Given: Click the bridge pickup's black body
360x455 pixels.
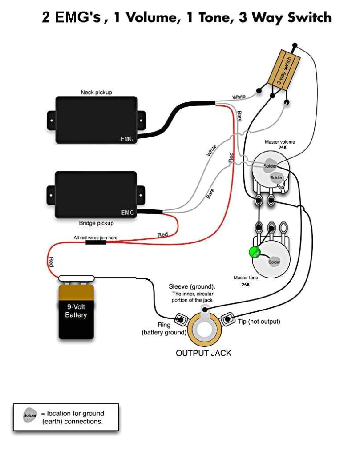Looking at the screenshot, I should click(x=96, y=194).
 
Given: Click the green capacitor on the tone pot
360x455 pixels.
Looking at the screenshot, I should click(x=255, y=253).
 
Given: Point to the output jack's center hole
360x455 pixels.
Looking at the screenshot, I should click(x=205, y=330).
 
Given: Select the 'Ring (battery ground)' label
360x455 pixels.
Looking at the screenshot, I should click(x=164, y=329).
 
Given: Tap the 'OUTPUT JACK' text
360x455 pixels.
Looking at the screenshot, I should click(x=203, y=353).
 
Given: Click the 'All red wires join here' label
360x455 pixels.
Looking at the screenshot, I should click(x=95, y=238).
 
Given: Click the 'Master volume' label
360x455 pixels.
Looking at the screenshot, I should click(x=279, y=142).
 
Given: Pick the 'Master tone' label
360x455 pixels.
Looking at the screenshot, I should click(x=246, y=278).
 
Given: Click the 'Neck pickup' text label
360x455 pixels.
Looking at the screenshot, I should click(x=96, y=93).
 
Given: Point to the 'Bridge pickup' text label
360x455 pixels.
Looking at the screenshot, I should click(x=96, y=223).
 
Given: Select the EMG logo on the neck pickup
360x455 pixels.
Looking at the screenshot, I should click(x=127, y=139).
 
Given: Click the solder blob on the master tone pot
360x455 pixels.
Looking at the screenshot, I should click(x=274, y=262).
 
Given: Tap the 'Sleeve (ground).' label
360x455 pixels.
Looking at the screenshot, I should click(x=192, y=286).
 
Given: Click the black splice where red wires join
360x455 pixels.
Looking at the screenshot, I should click(x=96, y=244).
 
